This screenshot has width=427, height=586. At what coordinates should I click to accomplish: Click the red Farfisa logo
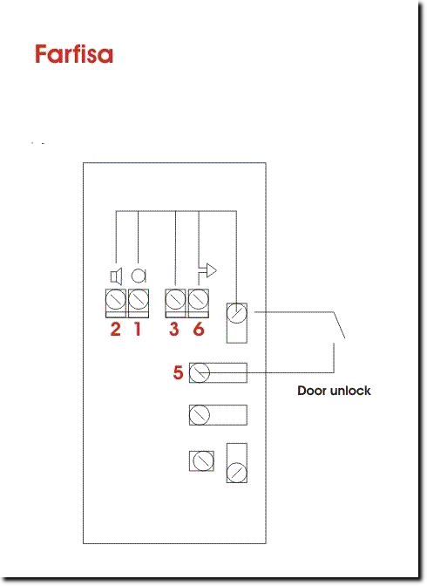[74, 54]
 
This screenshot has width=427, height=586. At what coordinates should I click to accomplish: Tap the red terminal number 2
[115, 329]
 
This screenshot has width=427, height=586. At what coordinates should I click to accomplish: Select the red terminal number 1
[138, 329]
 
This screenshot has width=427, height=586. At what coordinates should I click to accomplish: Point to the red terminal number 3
[173, 329]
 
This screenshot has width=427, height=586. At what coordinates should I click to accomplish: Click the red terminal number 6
[199, 329]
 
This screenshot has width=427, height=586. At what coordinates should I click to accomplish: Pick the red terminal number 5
[178, 372]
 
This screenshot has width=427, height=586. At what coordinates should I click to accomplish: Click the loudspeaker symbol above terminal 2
[116, 276]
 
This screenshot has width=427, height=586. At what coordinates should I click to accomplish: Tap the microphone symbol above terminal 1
[139, 276]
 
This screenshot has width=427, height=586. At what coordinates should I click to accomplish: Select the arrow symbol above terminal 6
[207, 270]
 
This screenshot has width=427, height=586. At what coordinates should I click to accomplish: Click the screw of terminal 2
[116, 299]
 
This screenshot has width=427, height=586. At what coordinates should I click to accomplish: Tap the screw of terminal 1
[139, 299]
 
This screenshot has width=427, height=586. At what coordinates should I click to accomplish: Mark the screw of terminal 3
[175, 299]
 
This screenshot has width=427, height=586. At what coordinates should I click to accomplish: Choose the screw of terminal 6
[198, 299]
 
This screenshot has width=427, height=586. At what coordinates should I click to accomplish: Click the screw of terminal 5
[200, 372]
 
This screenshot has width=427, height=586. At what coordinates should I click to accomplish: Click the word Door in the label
[312, 391]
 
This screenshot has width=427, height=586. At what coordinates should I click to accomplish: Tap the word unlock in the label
[350, 391]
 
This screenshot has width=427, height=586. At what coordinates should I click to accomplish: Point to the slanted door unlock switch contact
[339, 325]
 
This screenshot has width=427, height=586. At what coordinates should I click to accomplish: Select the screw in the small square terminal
[204, 460]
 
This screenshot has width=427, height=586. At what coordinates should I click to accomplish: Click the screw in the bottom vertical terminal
[237, 473]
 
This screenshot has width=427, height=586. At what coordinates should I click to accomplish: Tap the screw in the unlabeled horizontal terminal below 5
[200, 415]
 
